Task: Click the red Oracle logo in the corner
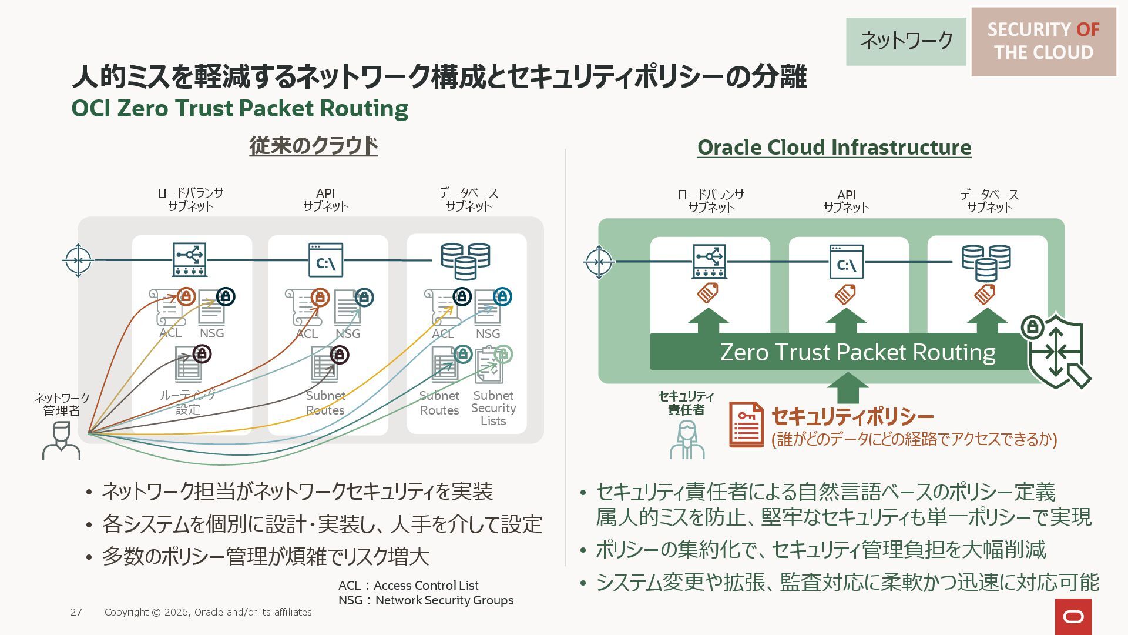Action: point(1073,616)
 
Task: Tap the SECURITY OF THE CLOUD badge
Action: point(1043,41)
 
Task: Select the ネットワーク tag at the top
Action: point(906,41)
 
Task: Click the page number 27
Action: point(76,612)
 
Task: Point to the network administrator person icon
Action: point(61,441)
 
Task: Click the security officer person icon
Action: point(687,440)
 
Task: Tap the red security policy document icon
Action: point(746,424)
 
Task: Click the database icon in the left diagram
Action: point(465,261)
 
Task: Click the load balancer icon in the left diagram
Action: point(190,259)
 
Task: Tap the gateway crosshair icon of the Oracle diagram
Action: point(599,262)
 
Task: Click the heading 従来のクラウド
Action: point(313,146)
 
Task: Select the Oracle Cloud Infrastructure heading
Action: point(834,147)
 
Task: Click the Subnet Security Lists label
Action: point(493,408)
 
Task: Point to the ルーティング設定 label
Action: point(188,402)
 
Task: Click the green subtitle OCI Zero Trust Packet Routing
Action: point(240,108)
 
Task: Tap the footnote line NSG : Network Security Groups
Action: point(426,600)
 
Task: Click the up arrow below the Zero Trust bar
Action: point(847,387)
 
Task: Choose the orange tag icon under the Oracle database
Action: point(985,293)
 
